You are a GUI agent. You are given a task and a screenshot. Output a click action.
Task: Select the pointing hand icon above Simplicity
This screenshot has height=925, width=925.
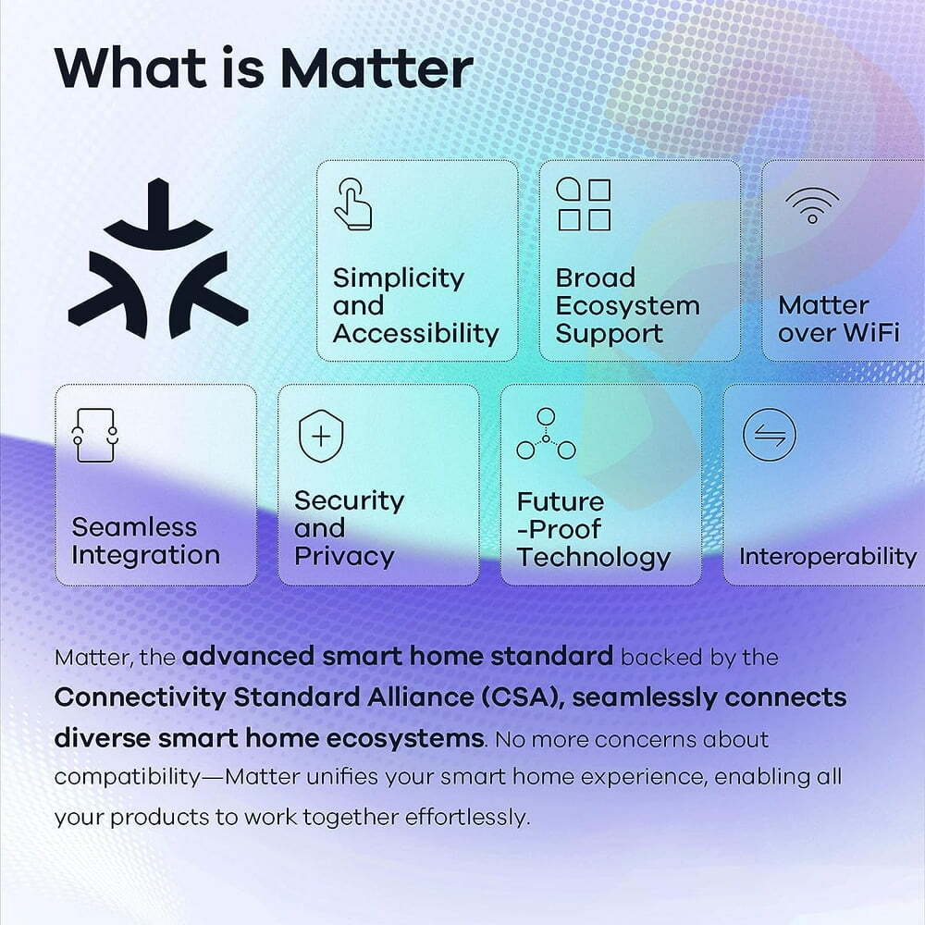coord(352,204)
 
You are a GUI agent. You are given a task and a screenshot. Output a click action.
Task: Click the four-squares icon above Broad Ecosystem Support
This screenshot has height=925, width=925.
coord(583,204)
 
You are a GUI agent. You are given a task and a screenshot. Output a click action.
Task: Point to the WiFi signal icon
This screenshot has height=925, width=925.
coord(812,205)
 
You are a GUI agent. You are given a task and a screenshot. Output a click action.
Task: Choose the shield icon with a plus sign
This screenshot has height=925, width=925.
coord(321,436)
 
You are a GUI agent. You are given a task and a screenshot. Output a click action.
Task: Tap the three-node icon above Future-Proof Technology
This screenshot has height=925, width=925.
coord(546,435)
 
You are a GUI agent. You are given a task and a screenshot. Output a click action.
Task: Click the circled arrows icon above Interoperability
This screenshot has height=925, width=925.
coord(769,435)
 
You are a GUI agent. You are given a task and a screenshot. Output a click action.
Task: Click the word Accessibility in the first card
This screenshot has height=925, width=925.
coord(415,334)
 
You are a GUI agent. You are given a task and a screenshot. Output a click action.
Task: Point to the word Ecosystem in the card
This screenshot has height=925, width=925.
coord(627,306)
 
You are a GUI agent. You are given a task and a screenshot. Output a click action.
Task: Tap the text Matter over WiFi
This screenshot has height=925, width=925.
coord(838,319)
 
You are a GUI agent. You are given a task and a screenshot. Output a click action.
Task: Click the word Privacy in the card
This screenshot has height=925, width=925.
coord(344,557)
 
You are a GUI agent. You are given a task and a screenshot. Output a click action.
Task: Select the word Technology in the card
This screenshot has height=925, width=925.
coord(593,557)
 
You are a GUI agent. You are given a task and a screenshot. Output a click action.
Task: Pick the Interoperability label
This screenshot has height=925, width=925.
coord(827,557)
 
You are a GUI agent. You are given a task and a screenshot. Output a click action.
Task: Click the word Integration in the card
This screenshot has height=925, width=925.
coord(145,556)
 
